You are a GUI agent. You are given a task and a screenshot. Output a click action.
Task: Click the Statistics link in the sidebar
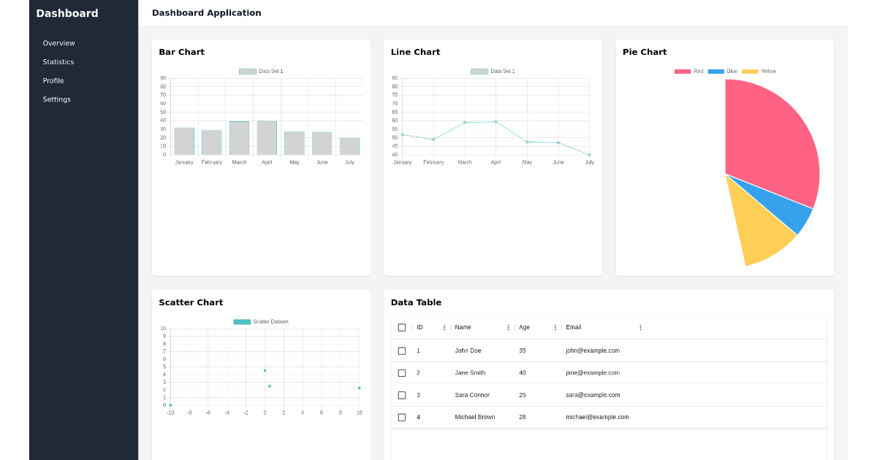[x=58, y=62]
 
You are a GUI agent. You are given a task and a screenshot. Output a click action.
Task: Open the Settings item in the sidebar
[x=57, y=99]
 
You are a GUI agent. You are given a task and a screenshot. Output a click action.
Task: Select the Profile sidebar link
[x=53, y=81]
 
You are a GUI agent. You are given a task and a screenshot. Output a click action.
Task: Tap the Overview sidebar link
[x=58, y=43]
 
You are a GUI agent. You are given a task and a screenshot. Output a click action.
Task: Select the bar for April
[x=267, y=138]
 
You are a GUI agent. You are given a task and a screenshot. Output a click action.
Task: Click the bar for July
[x=349, y=146]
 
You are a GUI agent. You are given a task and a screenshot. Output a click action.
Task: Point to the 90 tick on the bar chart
[x=163, y=78]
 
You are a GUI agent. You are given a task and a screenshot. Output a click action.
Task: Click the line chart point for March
[x=465, y=123]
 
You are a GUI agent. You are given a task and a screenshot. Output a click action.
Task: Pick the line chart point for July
[x=589, y=154]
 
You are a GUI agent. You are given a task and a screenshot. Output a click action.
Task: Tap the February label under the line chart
[x=433, y=162]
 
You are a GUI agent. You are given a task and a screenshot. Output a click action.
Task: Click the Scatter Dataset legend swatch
[x=242, y=322]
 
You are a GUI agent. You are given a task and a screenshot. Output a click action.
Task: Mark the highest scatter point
[x=265, y=370]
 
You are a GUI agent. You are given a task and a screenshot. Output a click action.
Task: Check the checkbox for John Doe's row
[x=402, y=350]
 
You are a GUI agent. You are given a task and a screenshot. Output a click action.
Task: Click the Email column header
[x=574, y=327]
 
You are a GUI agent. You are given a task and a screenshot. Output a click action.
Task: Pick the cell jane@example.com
[x=593, y=373]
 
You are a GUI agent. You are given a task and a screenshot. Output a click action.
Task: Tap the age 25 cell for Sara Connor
[x=523, y=395]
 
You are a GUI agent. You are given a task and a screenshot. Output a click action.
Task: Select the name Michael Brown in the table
[x=475, y=417]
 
